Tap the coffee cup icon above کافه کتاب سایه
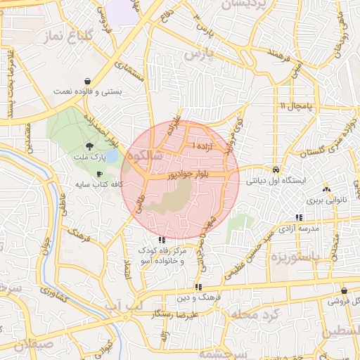(99, 173)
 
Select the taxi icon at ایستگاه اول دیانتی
(276, 169)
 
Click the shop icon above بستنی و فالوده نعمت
(86, 81)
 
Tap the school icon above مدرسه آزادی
(299, 218)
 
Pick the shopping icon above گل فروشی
(344, 290)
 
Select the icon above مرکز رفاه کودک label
(163, 240)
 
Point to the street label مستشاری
(131, 72)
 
